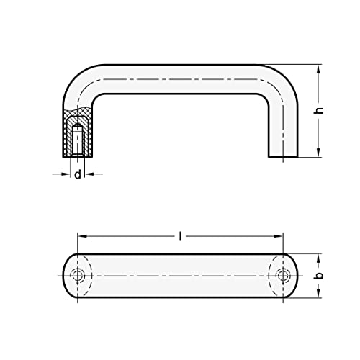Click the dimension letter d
pos(77,175)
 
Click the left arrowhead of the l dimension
pos(81,236)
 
